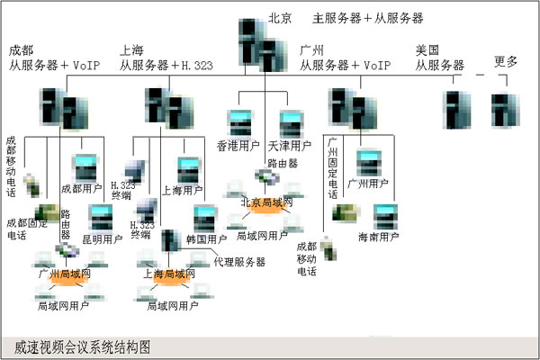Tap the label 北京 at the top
pyautogui.click(x=281, y=17)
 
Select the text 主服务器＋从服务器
pyautogui.click(x=367, y=17)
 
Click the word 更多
pyautogui.click(x=507, y=61)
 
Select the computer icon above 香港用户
pyautogui.click(x=239, y=122)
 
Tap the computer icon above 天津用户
pyautogui.click(x=290, y=122)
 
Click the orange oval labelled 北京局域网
pyautogui.click(x=266, y=204)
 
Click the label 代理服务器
pyautogui.click(x=239, y=262)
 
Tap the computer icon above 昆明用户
pyautogui.click(x=100, y=217)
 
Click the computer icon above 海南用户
pyautogui.click(x=386, y=216)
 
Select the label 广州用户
pyautogui.click(x=366, y=184)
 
